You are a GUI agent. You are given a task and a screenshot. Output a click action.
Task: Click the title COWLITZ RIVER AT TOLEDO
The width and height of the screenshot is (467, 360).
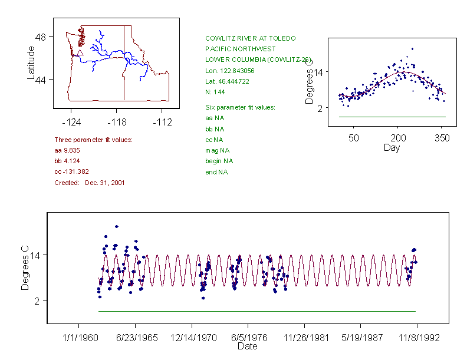click(250, 38)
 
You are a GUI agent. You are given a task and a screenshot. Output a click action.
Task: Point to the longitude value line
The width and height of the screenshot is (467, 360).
click(230, 71)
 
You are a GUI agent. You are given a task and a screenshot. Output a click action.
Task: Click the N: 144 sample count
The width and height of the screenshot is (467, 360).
click(215, 92)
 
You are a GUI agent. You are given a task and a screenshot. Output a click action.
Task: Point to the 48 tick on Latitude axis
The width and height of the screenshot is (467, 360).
click(41, 37)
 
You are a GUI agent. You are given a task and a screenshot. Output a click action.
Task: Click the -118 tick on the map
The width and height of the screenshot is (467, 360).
click(117, 122)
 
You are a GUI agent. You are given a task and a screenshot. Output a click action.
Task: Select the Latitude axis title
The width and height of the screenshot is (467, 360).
click(31, 62)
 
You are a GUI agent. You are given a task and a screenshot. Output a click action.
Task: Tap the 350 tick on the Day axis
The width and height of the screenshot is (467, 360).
click(442, 138)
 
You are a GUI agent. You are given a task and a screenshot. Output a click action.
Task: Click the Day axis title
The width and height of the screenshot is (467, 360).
click(391, 147)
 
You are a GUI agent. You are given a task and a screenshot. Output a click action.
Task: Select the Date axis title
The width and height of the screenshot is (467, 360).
click(247, 346)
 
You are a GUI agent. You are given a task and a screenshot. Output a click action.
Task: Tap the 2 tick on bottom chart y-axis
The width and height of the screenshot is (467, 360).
click(41, 300)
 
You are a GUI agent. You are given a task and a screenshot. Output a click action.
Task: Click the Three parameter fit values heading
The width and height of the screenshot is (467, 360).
click(93, 140)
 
